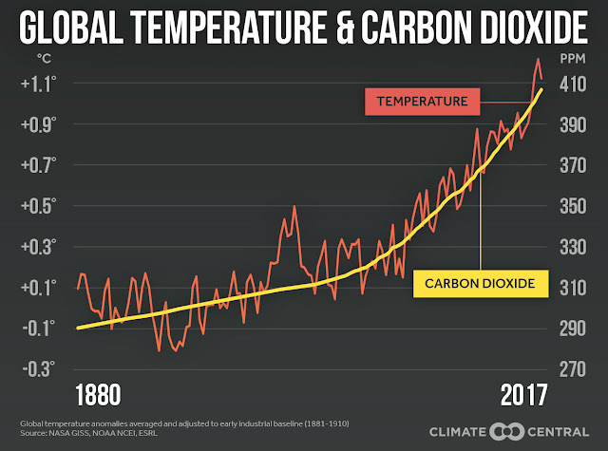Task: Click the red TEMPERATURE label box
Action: tap(422, 102)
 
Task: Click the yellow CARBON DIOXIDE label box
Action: tap(481, 284)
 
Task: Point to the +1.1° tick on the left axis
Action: tap(38, 85)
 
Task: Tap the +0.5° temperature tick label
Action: tap(38, 206)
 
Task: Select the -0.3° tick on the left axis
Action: tap(38, 369)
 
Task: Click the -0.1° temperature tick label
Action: tap(38, 329)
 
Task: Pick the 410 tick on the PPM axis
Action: tap(573, 85)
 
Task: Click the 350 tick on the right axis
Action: tap(573, 206)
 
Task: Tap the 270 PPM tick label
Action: tap(573, 369)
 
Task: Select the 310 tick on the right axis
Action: tap(573, 288)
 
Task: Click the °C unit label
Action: tap(44, 59)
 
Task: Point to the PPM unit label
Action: tap(573, 59)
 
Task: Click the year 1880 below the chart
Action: tap(98, 395)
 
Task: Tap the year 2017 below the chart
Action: tap(523, 395)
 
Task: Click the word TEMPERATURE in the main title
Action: tap(228, 28)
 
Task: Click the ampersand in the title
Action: tap(344, 28)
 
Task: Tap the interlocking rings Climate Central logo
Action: tap(506, 432)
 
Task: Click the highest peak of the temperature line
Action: tap(539, 59)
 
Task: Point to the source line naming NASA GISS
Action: tap(88, 433)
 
